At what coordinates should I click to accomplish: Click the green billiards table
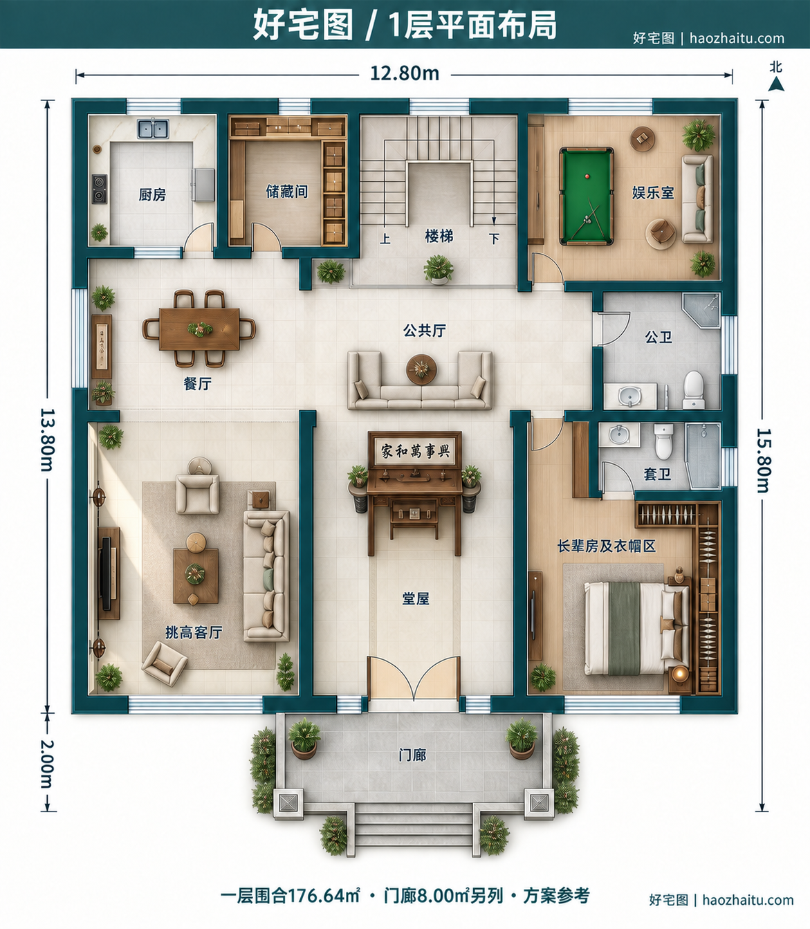[x=586, y=196]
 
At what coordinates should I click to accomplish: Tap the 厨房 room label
[x=152, y=195]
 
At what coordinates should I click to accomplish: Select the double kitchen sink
[x=154, y=128]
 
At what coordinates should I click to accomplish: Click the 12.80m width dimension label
[x=405, y=74]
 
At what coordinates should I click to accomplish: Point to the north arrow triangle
[x=776, y=84]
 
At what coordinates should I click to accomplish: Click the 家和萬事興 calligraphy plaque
[x=415, y=451]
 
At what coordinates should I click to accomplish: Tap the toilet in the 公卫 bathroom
[x=694, y=389]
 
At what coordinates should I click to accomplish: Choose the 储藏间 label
[x=287, y=192]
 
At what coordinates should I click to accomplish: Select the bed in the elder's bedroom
[x=636, y=628]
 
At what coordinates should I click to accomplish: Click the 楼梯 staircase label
[x=439, y=236]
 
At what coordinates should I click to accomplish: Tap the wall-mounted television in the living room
[x=107, y=573]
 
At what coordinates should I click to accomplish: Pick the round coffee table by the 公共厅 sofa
[x=422, y=369]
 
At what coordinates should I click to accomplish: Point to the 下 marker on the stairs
[x=495, y=239]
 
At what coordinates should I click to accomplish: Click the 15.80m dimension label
[x=764, y=461]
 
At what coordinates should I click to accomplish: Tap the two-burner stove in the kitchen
[x=100, y=188]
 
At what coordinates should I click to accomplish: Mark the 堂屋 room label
[x=416, y=599]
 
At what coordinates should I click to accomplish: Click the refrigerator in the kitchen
[x=203, y=184]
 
